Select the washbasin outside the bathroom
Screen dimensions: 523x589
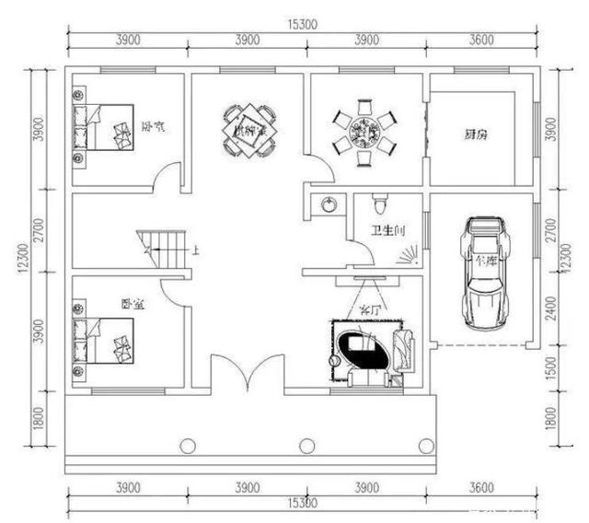(327, 203)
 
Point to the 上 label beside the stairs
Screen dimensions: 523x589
(194, 250)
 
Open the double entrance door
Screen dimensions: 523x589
(247, 372)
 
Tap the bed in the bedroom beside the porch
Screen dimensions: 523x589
(105, 340)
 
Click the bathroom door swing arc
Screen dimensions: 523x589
(355, 250)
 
